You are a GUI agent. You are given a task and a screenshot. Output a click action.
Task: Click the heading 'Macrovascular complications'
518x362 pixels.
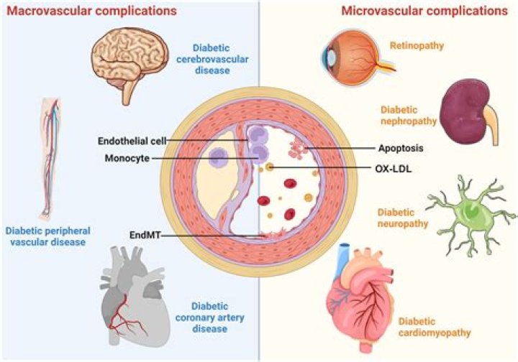pyautogui.click(x=91, y=11)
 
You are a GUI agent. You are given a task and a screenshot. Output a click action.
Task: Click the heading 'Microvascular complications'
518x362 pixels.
pyautogui.click(x=424, y=11)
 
